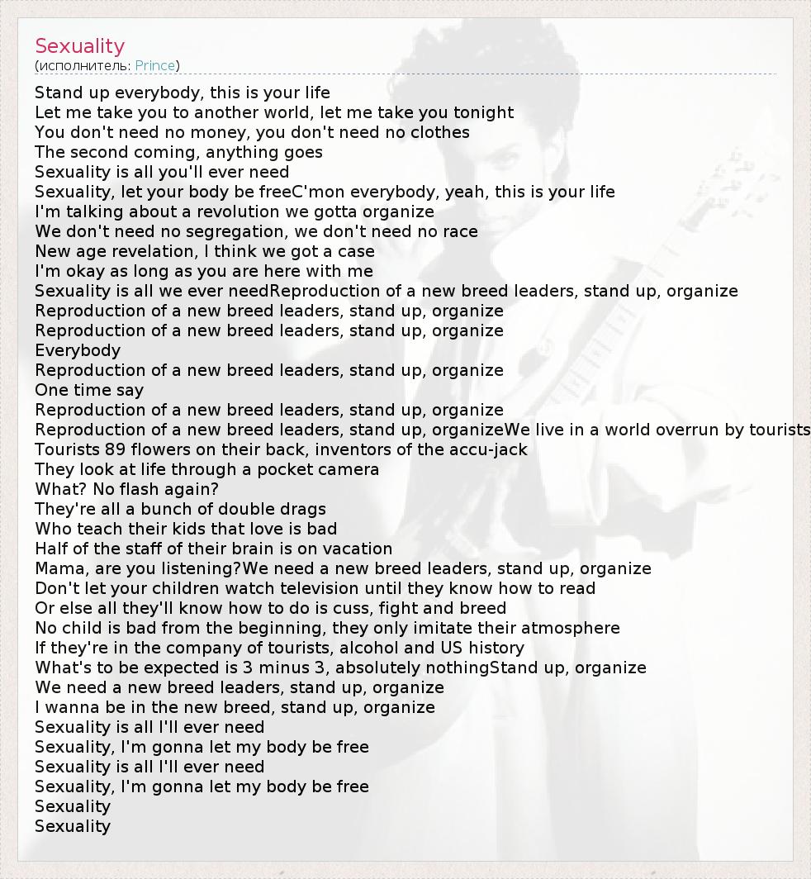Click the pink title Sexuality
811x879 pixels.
[x=79, y=46]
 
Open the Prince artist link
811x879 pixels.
[x=154, y=66]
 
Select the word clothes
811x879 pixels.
[x=439, y=133]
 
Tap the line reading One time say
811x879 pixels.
[x=89, y=391]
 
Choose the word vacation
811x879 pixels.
[x=350, y=549]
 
